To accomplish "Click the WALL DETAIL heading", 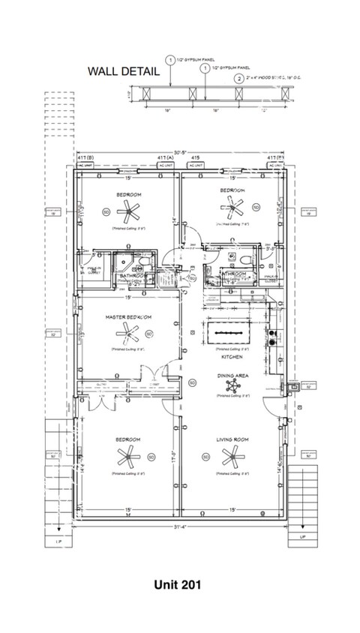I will point(124,72).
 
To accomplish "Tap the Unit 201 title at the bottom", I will point(179,583).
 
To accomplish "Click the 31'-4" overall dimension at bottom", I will point(179,523).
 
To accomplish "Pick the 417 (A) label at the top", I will point(166,158).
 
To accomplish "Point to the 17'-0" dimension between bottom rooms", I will point(174,455).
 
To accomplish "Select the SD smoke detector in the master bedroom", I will point(149,334).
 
